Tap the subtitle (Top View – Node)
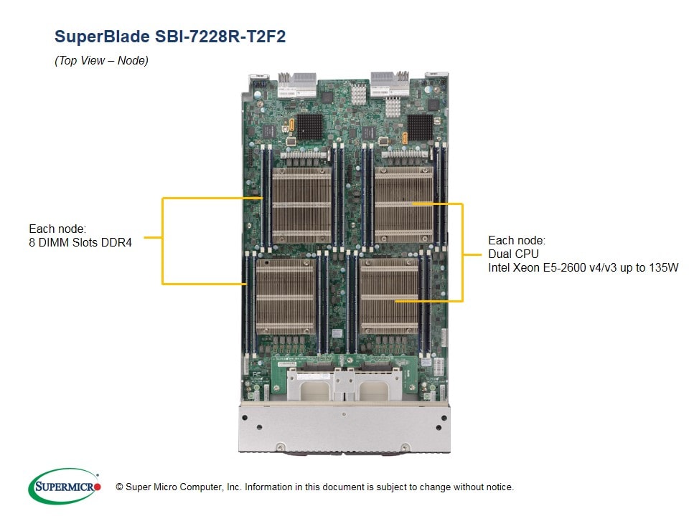[x=101, y=61]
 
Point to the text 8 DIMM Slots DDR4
[x=80, y=242]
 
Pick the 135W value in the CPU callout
[x=663, y=267]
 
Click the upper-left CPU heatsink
[x=301, y=205]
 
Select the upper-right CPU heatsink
[x=403, y=205]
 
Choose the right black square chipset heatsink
[x=420, y=127]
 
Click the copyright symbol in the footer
[x=110, y=487]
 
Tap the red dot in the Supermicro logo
[x=98, y=487]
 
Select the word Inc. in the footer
[x=233, y=487]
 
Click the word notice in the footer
[x=497, y=487]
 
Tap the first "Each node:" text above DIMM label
[x=57, y=229]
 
